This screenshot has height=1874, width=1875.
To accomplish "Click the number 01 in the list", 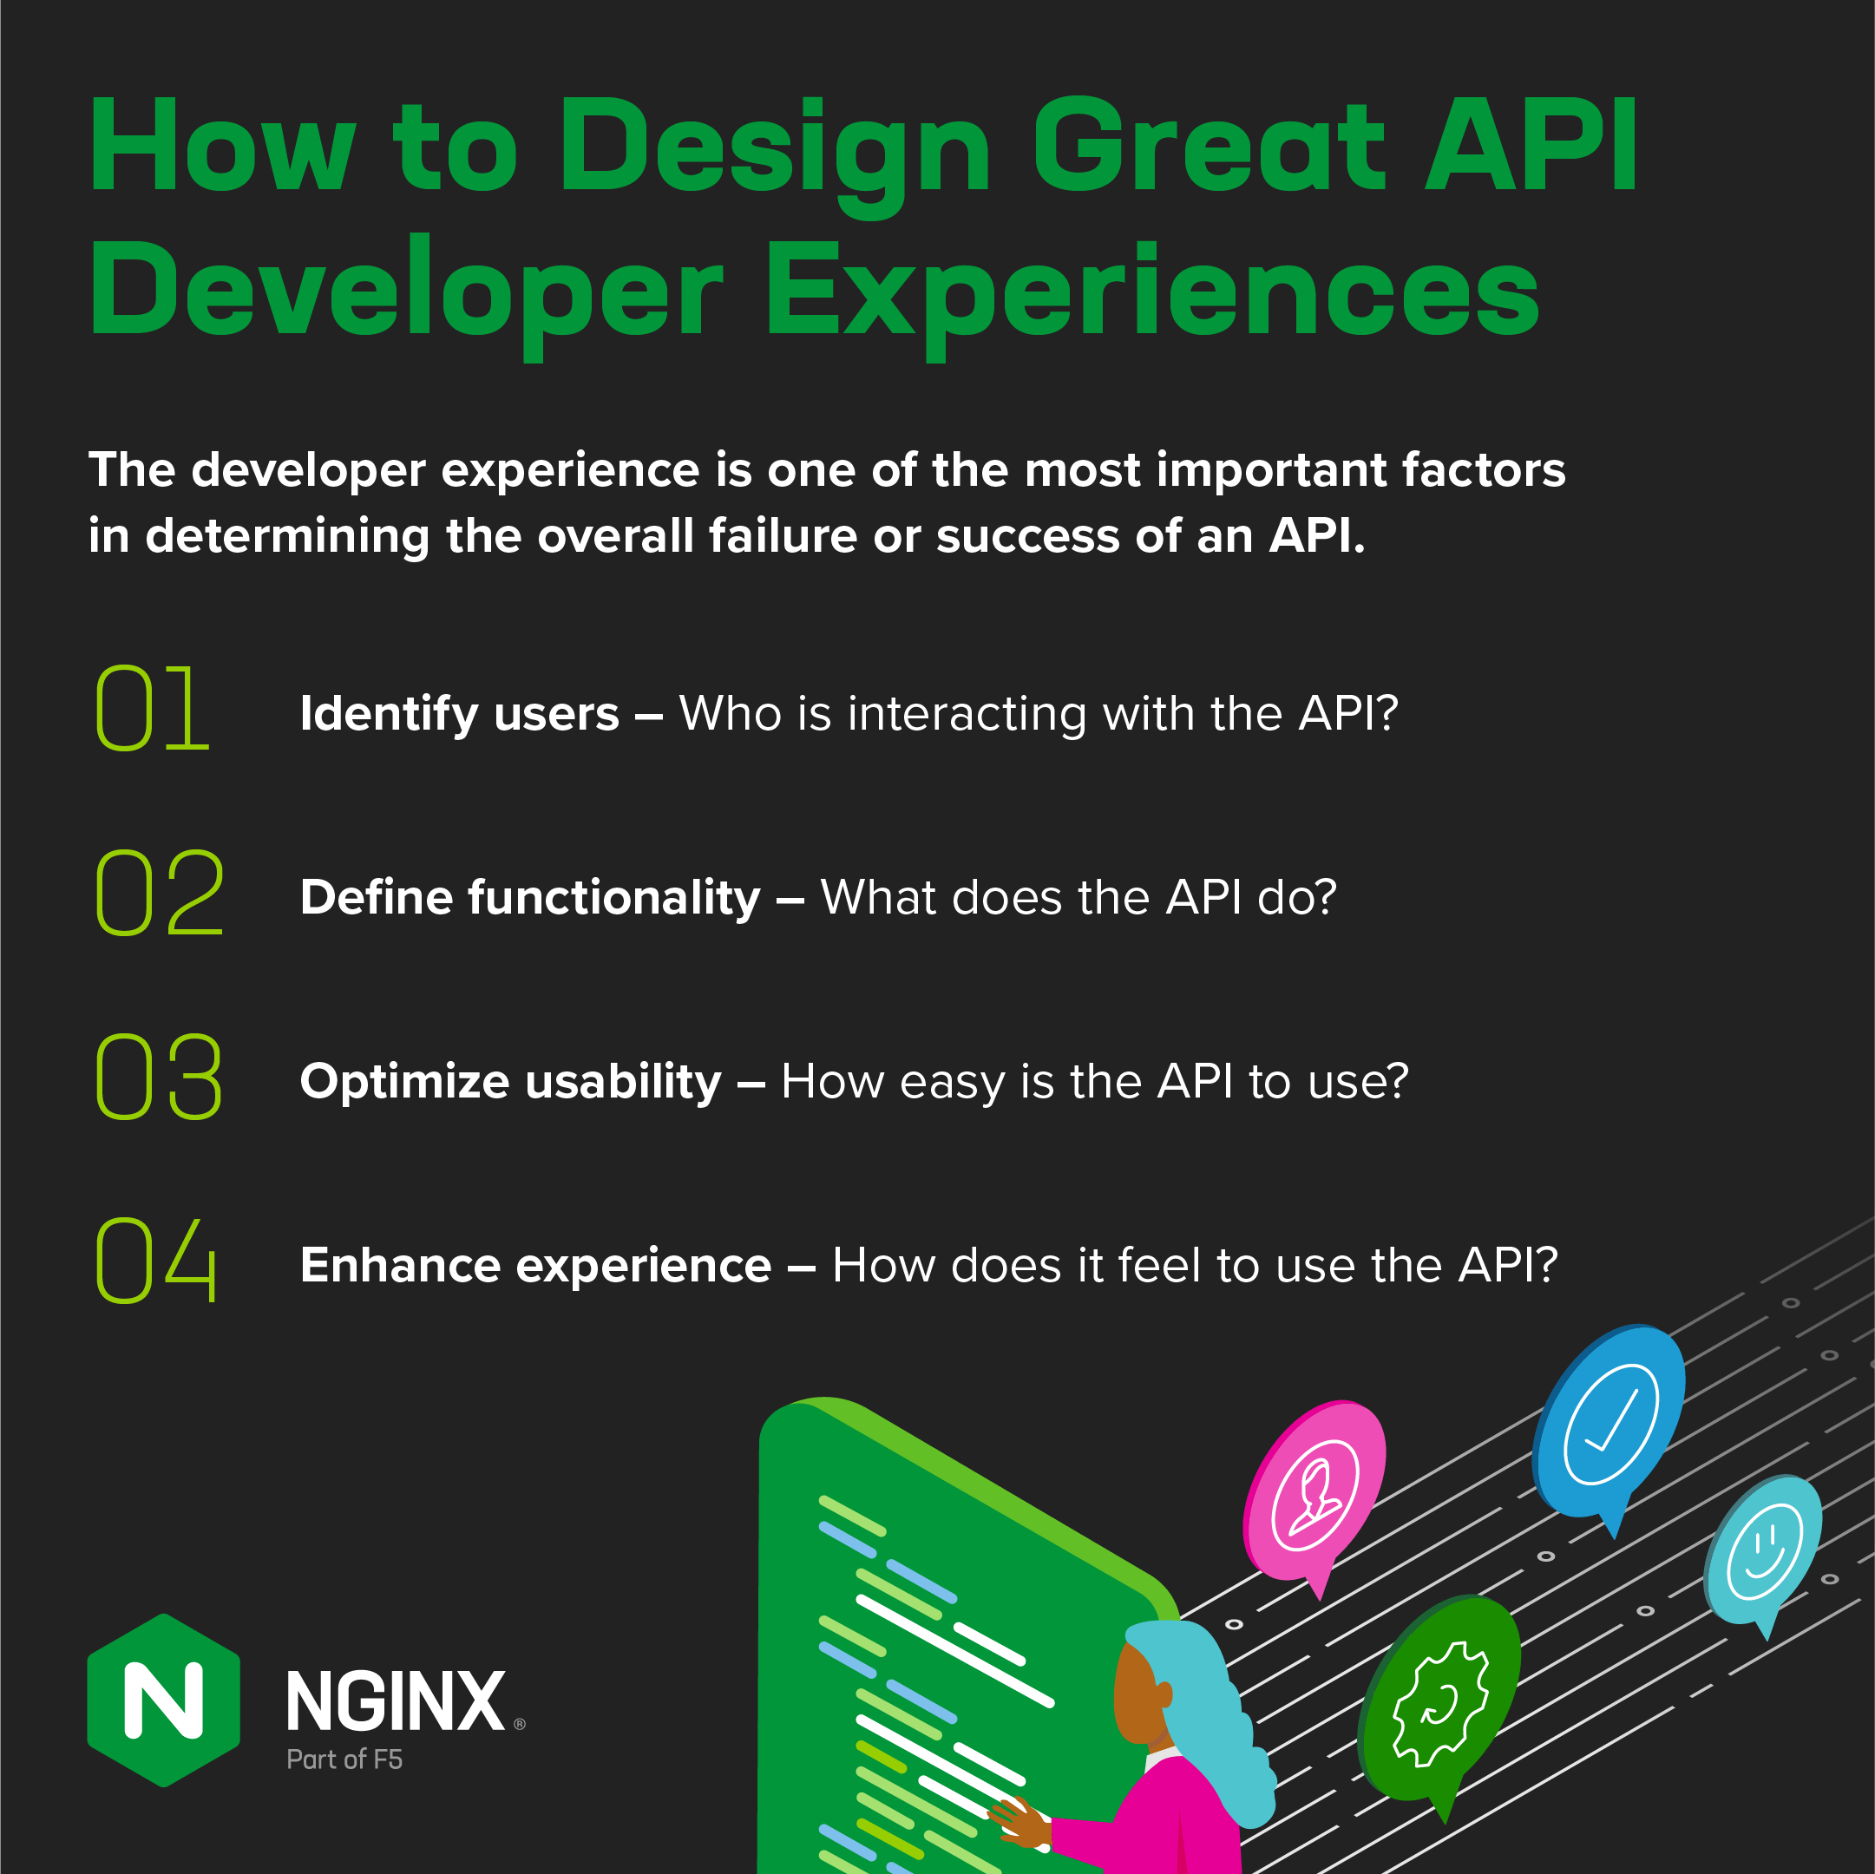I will [153, 709].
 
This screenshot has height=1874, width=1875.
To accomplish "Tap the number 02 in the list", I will [159, 892].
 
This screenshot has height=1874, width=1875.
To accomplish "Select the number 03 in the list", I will [159, 1077].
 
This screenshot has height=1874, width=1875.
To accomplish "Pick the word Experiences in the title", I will [1152, 292].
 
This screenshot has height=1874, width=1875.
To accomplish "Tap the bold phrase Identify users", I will [459, 713].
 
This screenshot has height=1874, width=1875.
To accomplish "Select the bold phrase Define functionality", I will [530, 897].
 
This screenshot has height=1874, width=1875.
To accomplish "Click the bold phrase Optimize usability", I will [510, 1081].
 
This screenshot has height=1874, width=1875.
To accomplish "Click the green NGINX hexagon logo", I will [163, 1700].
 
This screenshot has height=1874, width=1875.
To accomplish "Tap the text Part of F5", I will [344, 1759].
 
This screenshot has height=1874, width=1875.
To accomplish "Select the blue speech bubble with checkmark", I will [1610, 1422].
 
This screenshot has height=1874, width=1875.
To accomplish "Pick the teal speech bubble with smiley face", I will [1763, 1548].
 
